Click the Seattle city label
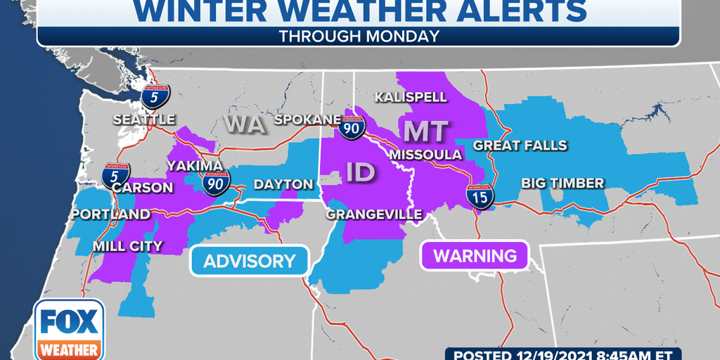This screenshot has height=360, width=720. click(x=144, y=120)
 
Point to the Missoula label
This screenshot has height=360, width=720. click(x=425, y=154)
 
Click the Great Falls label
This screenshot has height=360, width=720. click(x=520, y=146)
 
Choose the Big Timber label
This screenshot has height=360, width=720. click(x=562, y=184)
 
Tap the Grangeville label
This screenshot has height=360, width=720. click(x=373, y=214)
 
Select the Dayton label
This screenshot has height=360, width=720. click(x=283, y=184)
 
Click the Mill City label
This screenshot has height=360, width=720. click(x=128, y=246)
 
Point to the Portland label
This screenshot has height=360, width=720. click(x=110, y=214)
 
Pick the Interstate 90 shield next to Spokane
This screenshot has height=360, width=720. click(x=351, y=126)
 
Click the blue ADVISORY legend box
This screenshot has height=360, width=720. click(x=250, y=261)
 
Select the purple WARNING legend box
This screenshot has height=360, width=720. click(x=475, y=256)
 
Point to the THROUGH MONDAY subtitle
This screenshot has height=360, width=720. click(x=359, y=37)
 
